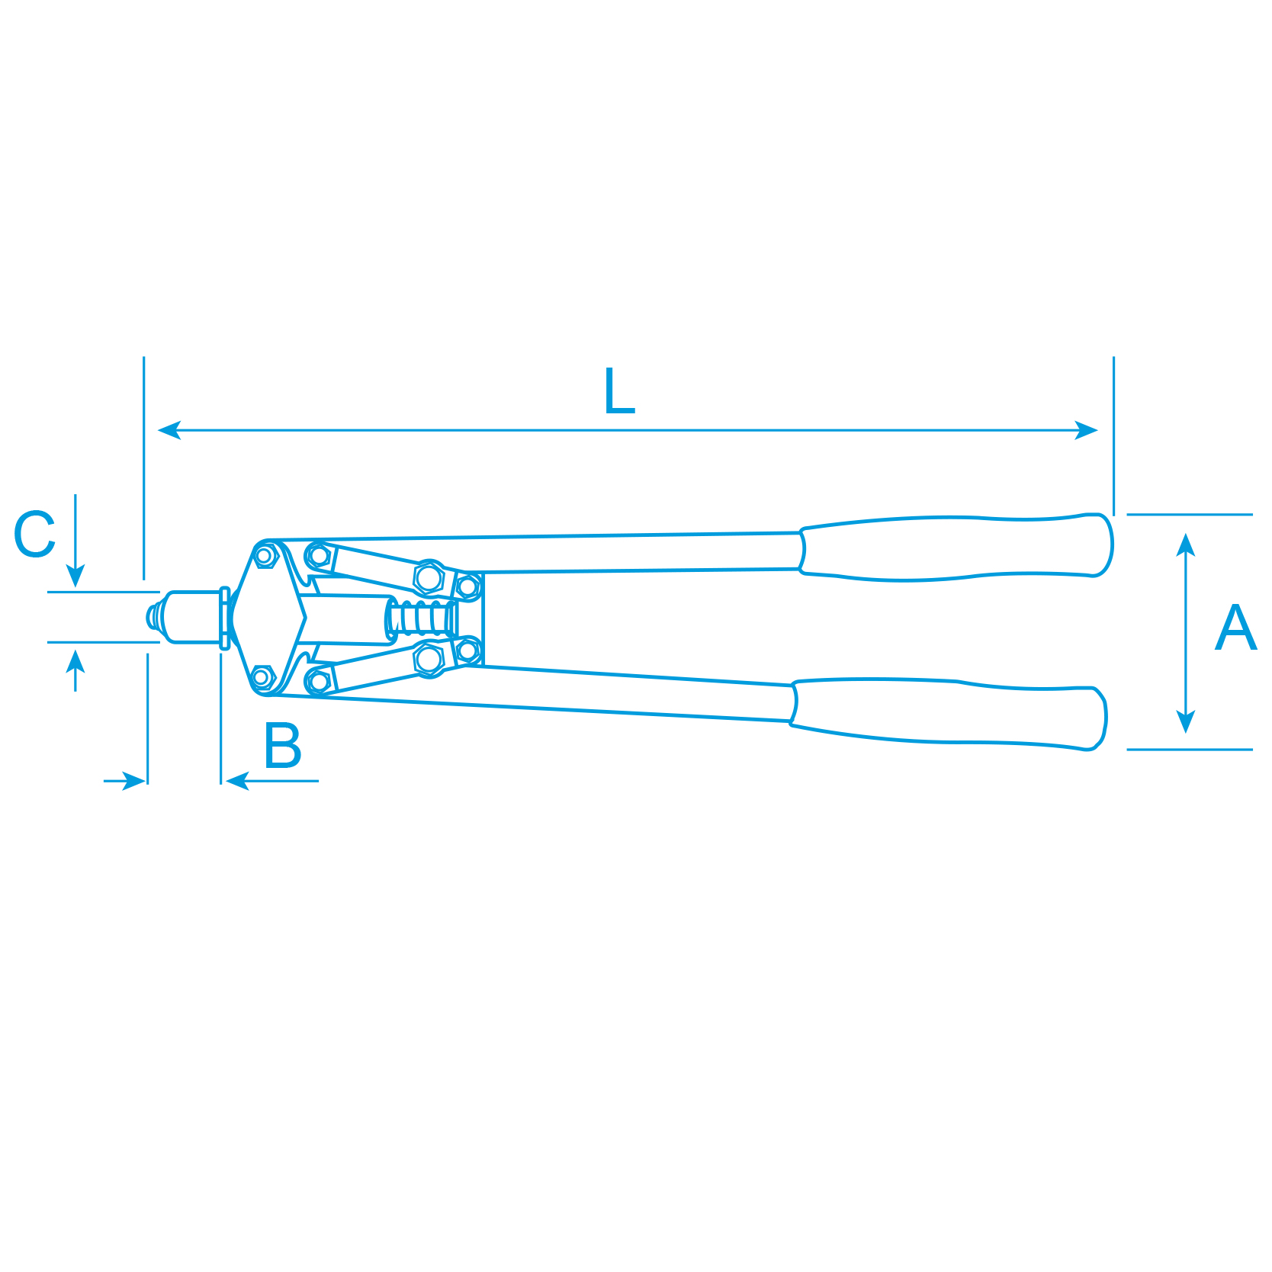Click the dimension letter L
pyautogui.click(x=619, y=391)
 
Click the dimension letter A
pyautogui.click(x=1235, y=628)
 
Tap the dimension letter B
pyautogui.click(x=283, y=745)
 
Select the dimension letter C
pyautogui.click(x=35, y=534)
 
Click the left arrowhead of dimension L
pyautogui.click(x=169, y=430)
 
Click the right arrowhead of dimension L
pyautogui.click(x=1086, y=430)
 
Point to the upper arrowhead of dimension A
pyautogui.click(x=1185, y=544)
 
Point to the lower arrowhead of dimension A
pyautogui.click(x=1185, y=721)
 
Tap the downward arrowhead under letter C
pyautogui.click(x=75, y=577)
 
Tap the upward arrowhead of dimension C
pyautogui.click(x=75, y=660)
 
